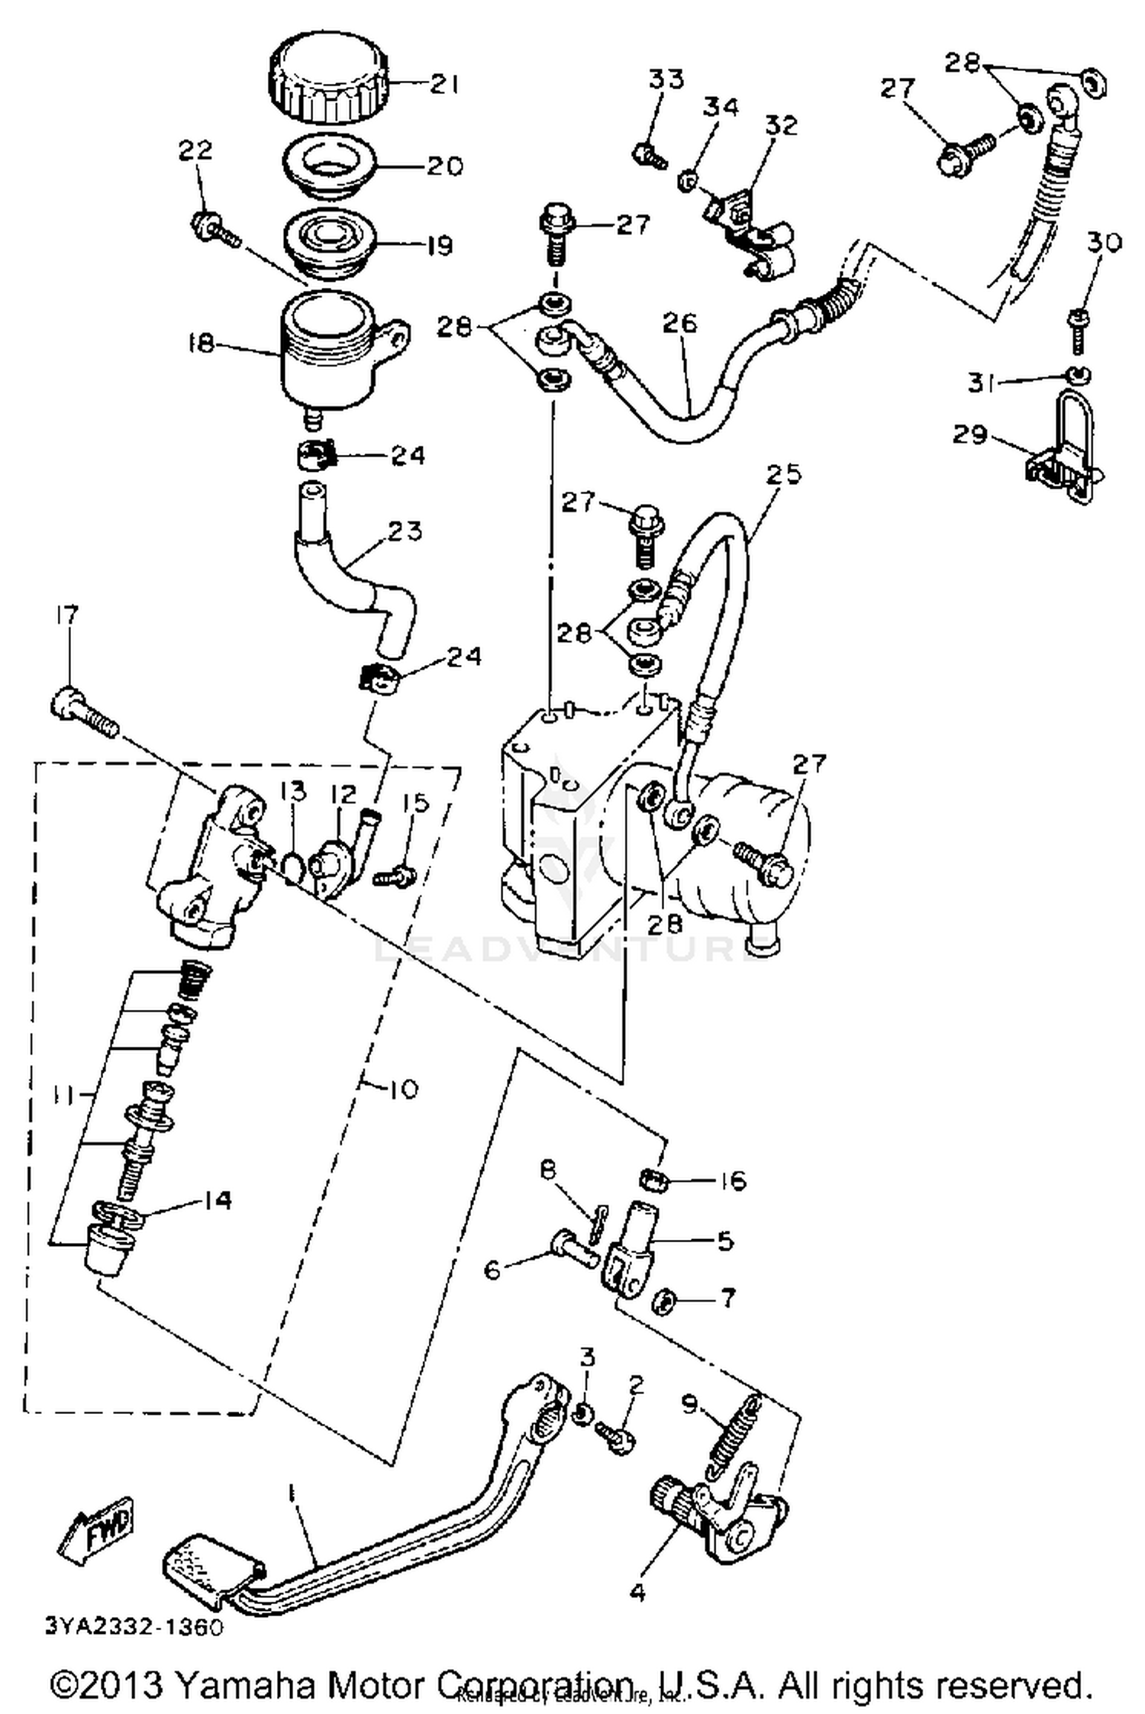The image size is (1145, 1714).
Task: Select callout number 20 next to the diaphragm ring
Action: (445, 166)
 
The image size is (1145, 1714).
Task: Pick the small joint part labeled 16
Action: (653, 1181)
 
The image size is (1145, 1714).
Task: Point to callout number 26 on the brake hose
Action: (679, 323)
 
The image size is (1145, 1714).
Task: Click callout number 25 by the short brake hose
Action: (785, 474)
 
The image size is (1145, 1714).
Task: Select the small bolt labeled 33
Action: (649, 156)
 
